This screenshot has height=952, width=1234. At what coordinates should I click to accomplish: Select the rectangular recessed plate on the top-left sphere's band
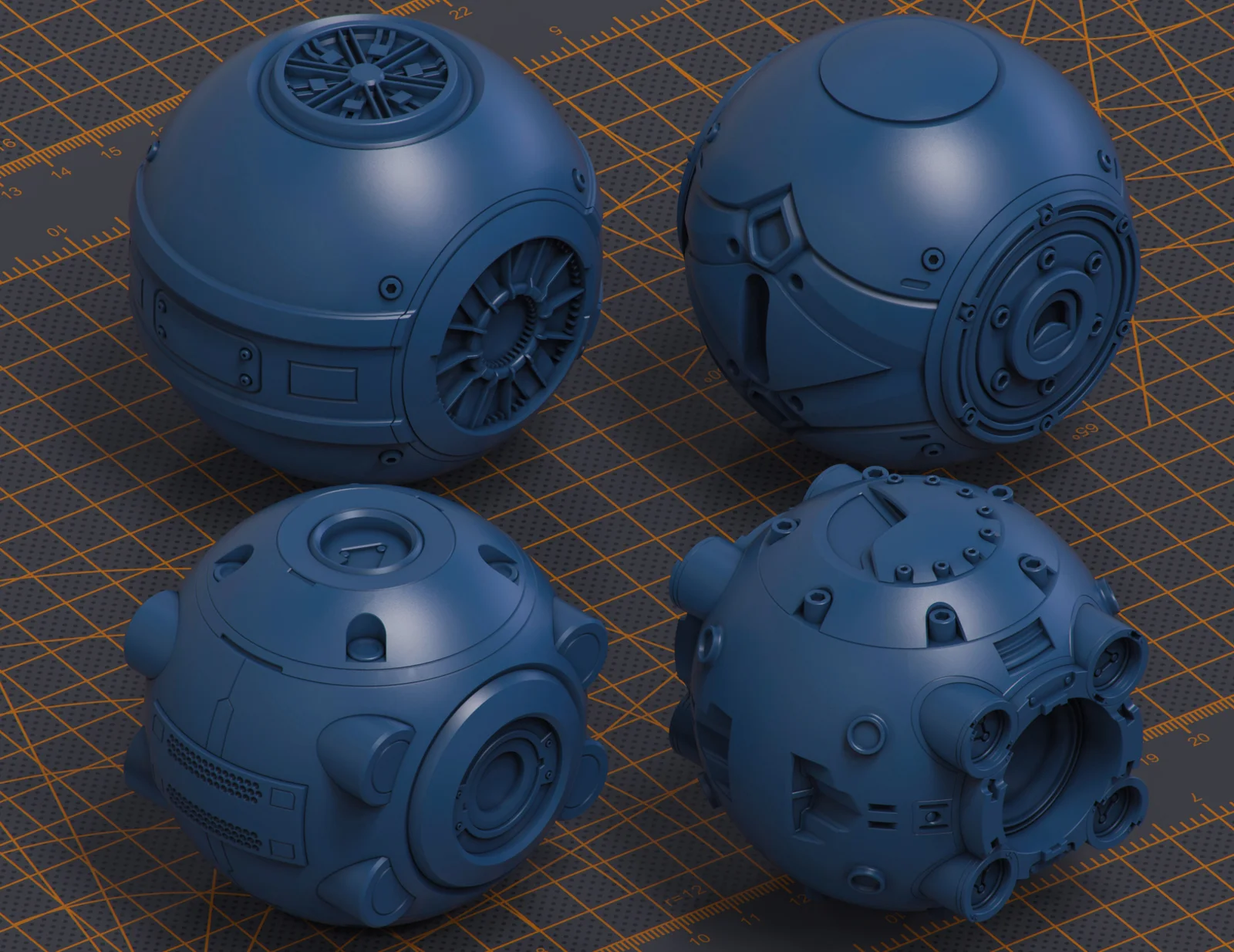(322, 380)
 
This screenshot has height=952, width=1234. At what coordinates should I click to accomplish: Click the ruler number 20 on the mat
(1199, 739)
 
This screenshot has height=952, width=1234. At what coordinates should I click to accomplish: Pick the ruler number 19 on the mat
(1151, 757)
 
